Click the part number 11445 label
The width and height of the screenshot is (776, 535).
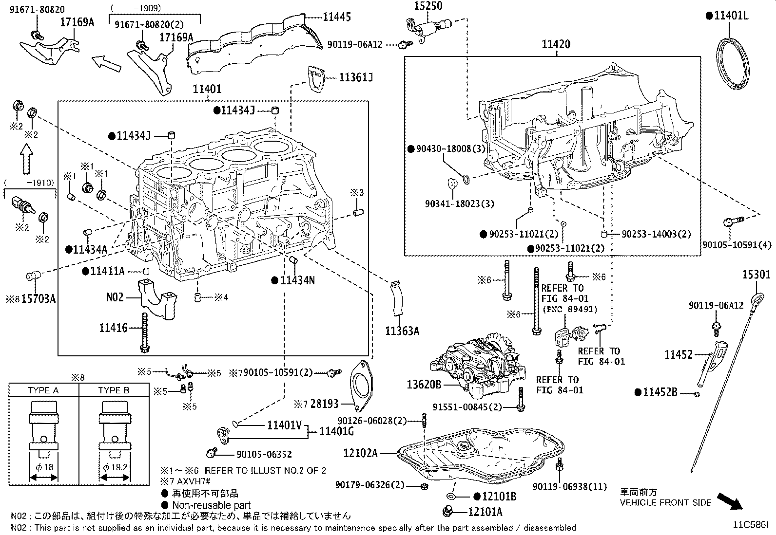[x=337, y=17]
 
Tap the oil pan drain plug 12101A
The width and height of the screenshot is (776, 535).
[x=447, y=512]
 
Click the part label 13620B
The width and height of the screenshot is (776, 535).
[x=424, y=385]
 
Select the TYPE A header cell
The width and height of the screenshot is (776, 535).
[x=43, y=390]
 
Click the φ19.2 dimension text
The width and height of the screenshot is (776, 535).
[x=115, y=467]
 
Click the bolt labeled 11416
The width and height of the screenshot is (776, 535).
[x=144, y=332]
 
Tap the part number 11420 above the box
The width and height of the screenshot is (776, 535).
[x=556, y=45]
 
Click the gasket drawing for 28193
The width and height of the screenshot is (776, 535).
[x=361, y=387]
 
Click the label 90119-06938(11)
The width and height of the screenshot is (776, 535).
[x=563, y=486]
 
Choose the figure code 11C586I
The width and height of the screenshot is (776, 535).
[x=752, y=525]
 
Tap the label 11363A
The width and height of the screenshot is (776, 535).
[x=402, y=331]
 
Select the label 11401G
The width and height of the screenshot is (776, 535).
[x=336, y=431]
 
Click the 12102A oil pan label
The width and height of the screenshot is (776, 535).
[x=361, y=453]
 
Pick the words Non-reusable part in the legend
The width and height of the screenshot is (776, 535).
[x=211, y=505]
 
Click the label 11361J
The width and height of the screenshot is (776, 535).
[x=356, y=77]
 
